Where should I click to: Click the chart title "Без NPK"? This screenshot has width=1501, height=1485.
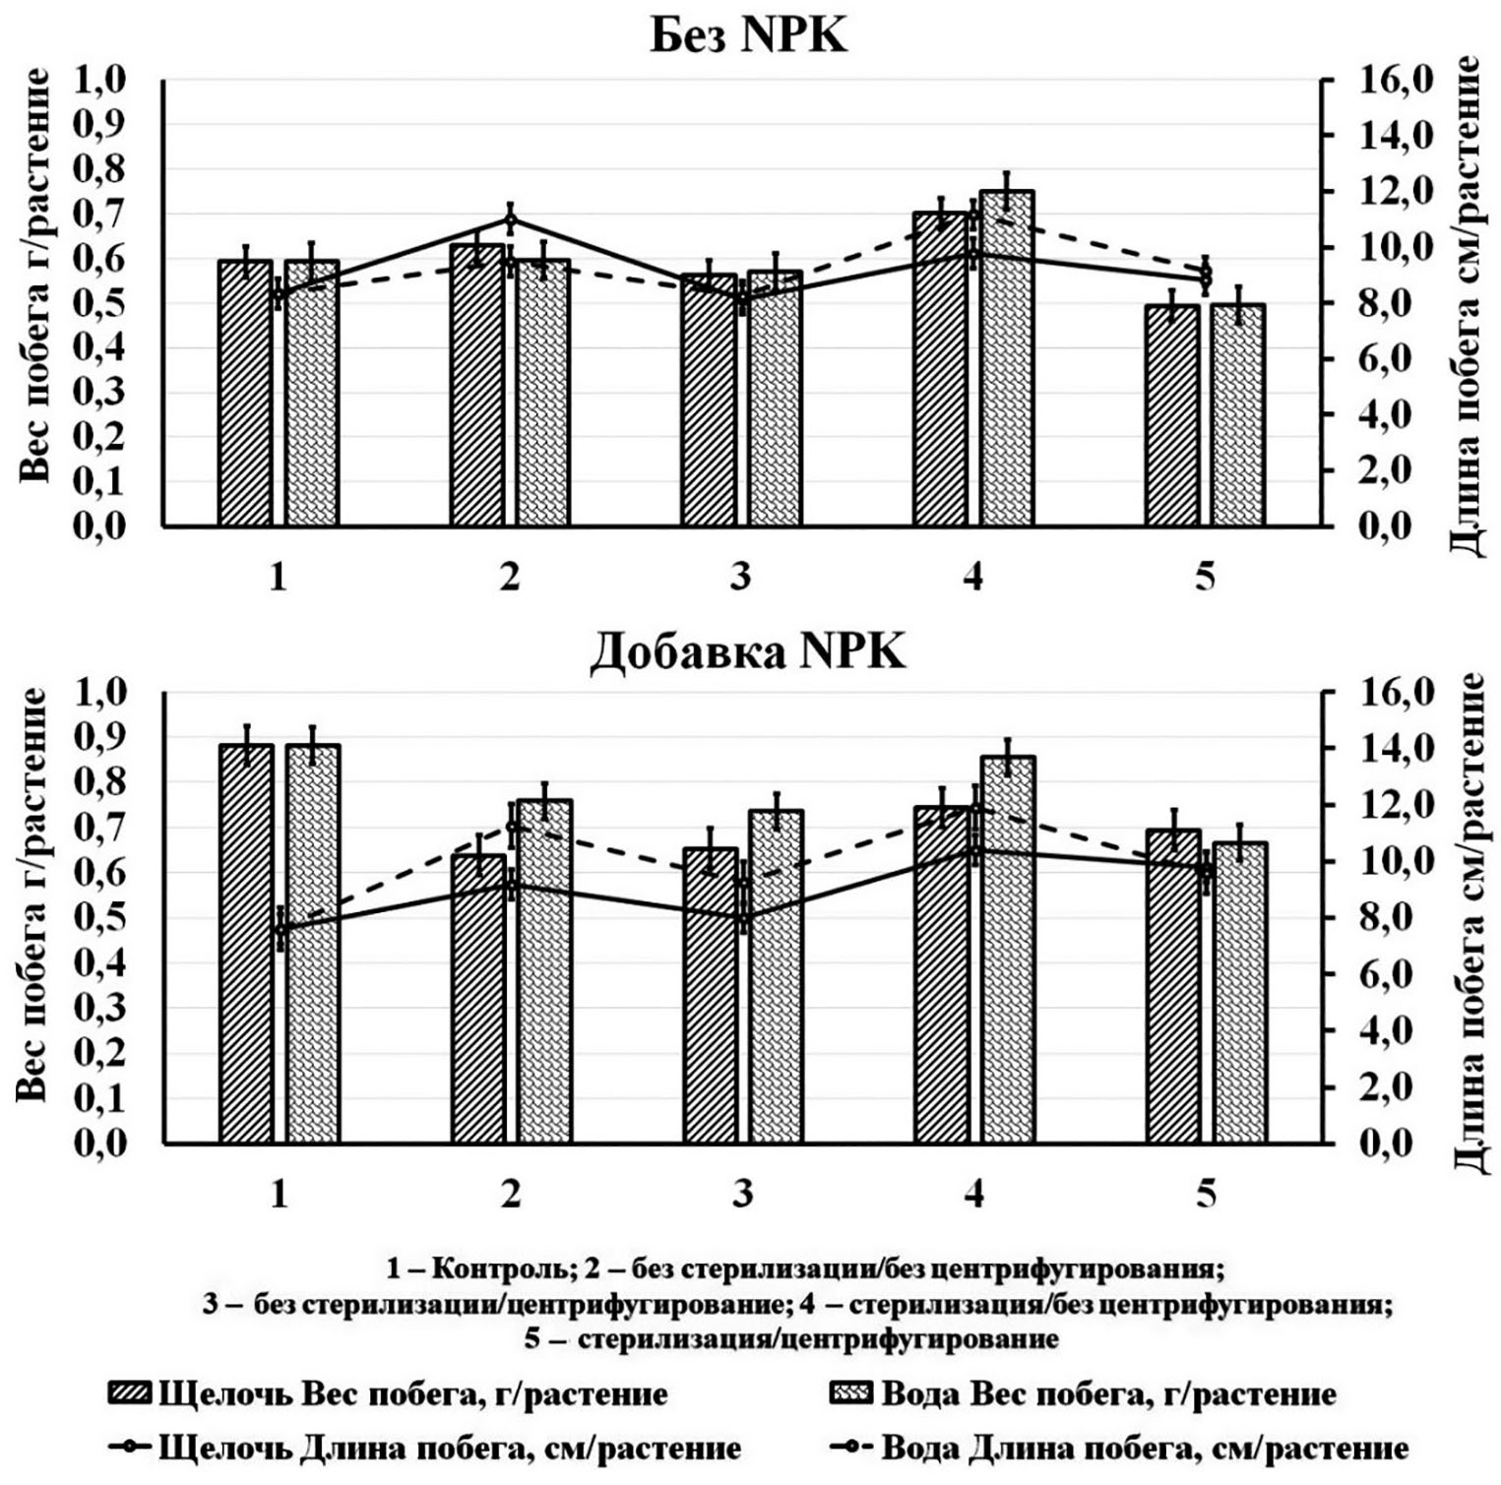click(x=748, y=36)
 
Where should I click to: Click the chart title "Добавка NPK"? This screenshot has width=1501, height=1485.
click(x=748, y=651)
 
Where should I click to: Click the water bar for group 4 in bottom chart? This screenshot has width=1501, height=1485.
click(x=1007, y=949)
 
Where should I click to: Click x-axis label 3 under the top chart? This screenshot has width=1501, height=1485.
click(x=740, y=576)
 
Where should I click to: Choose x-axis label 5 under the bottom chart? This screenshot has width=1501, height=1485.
click(x=1206, y=1193)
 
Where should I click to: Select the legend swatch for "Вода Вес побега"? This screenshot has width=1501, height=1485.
click(x=851, y=1393)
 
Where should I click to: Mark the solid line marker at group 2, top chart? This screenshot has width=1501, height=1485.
click(x=511, y=219)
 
